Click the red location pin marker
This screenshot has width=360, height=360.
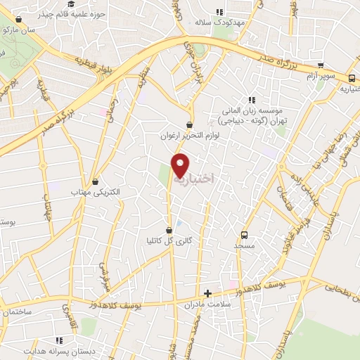click(x=181, y=165)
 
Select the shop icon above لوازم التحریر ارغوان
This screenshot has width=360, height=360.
click(x=190, y=124)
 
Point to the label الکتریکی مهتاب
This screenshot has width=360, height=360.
click(x=96, y=192)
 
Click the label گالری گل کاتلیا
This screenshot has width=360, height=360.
click(x=169, y=241)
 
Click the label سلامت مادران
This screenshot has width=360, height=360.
click(x=208, y=303)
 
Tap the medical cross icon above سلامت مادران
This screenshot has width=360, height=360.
click(x=207, y=292)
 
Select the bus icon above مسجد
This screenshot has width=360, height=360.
click(x=244, y=235)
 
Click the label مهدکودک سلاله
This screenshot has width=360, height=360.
click(x=219, y=22)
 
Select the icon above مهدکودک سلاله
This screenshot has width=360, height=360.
click(x=219, y=12)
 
